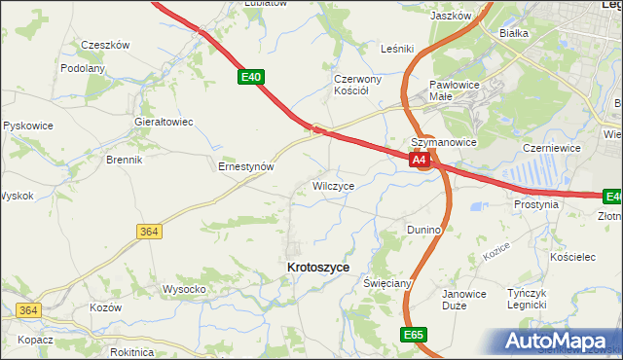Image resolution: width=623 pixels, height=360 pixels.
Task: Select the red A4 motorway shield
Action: tap(419, 160)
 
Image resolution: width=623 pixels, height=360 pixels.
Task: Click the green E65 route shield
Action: tap(412, 334)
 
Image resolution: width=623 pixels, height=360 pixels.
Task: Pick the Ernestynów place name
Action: tap(245, 166)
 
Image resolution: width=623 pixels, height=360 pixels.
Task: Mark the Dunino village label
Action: tap(424, 230)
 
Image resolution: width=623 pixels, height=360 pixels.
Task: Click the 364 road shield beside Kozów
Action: tap(27, 310)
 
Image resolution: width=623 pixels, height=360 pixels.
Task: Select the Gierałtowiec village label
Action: tap(164, 122)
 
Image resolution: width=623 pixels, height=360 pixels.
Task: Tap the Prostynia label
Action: tap(536, 205)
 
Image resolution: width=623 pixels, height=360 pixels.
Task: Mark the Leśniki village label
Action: tap(397, 48)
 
